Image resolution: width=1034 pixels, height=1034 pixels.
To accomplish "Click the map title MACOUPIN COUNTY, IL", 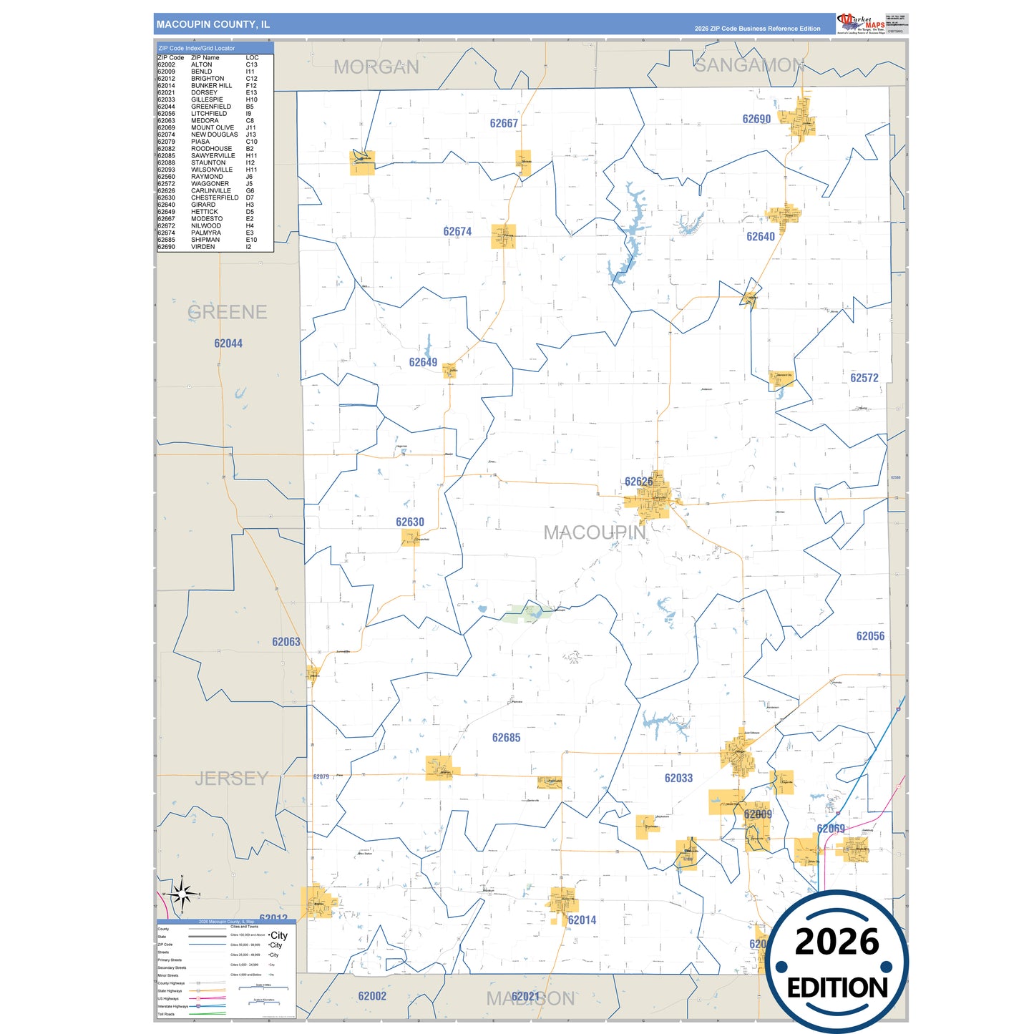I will coord(213,24).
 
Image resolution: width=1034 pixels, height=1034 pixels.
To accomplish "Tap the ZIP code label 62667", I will coord(504,123).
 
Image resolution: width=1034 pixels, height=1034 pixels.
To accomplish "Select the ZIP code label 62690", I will coord(756,119).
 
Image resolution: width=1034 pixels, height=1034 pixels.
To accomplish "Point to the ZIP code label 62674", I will coord(457,231).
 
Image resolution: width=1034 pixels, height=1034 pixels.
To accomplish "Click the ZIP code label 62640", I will coord(761,236).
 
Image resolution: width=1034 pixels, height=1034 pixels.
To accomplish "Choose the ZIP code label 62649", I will coord(423,362).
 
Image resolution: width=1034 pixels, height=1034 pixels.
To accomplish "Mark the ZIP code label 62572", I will coord(864,377).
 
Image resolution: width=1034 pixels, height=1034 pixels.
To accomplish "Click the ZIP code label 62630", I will coord(410,522).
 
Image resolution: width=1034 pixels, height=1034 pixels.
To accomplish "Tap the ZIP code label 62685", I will coord(506,737).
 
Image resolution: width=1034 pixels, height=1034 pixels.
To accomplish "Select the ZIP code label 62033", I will coord(678,778).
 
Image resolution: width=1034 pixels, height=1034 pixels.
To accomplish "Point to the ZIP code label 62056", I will coord(870,635).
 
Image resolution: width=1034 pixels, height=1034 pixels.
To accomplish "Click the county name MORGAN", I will coord(376,67).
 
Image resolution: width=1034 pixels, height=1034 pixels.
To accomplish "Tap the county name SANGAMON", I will coord(749,65).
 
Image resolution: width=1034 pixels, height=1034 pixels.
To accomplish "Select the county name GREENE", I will coord(228,312).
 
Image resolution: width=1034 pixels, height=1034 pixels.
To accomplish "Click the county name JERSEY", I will coord(231,778).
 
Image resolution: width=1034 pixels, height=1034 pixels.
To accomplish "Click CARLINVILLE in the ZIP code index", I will coord(210,190).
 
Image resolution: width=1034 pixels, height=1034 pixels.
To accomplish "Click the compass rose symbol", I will coord(182,893).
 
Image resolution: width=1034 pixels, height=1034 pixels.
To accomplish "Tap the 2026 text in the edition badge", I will coord(837,942).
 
